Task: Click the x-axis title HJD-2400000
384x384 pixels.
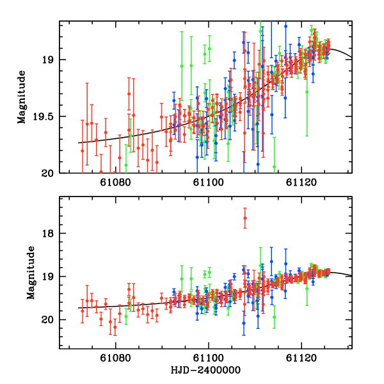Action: pyautogui.click(x=205, y=371)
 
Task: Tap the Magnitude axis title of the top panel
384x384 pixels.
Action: pyautogui.click(x=22, y=97)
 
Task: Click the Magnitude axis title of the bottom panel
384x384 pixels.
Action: pyautogui.click(x=30, y=272)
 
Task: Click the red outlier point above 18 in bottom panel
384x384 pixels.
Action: pyautogui.click(x=244, y=218)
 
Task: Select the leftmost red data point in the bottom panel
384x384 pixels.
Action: pyautogui.click(x=82, y=310)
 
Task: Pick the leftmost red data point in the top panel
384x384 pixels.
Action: pyautogui.click(x=82, y=150)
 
